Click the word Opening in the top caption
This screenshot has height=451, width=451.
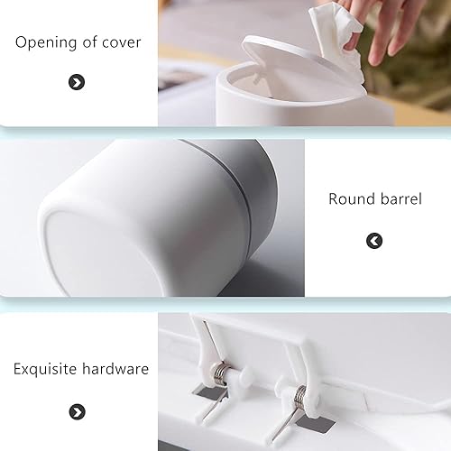click(x=47, y=42)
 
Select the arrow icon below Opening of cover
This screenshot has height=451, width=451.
click(x=77, y=82)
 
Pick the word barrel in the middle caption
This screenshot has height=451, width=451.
click(x=401, y=199)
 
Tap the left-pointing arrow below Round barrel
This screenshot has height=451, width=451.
click(x=374, y=241)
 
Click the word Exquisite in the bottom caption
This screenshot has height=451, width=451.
click(x=45, y=369)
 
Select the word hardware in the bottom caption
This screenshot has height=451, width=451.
click(x=115, y=369)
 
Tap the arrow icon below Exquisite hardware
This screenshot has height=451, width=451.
click(x=78, y=412)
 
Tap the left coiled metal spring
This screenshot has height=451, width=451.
click(x=221, y=373)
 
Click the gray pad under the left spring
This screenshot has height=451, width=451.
click(x=209, y=392)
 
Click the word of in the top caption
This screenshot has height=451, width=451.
click(x=89, y=42)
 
